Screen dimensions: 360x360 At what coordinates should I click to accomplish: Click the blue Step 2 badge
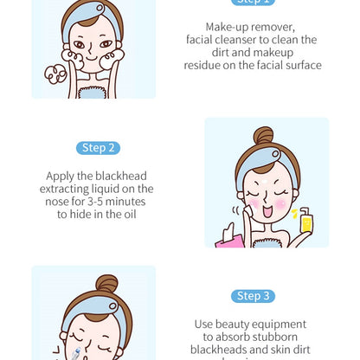(x=98, y=148)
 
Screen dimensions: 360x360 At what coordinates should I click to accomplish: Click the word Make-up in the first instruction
(x=227, y=28)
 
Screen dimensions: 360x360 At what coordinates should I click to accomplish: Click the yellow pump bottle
(x=305, y=222)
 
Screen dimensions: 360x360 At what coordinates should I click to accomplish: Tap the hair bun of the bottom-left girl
(x=107, y=284)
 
